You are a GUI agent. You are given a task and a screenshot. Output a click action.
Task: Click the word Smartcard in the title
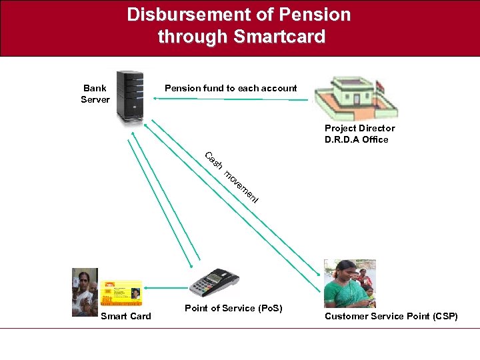(279, 37)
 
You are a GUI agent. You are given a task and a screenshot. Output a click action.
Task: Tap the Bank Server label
(95, 94)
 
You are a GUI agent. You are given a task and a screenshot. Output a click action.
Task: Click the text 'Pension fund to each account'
(231, 88)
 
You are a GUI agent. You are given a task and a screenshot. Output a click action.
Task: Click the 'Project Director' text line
(359, 128)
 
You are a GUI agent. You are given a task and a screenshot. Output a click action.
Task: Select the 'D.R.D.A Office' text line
(356, 139)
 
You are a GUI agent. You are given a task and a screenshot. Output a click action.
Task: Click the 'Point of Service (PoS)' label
(233, 308)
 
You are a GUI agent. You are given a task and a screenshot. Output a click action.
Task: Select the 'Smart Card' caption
(125, 316)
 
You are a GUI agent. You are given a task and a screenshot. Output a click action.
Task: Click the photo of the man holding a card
(85, 291)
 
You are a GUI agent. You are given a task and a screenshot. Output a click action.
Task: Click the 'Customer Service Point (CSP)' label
(391, 316)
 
